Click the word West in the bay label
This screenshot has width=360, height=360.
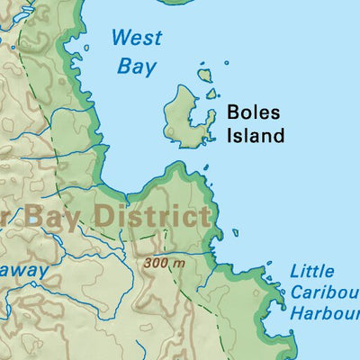(137, 39)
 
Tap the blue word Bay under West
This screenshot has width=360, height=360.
(137, 66)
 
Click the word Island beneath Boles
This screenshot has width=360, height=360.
(255, 136)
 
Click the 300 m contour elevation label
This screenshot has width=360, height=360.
(163, 264)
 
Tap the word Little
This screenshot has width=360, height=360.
(312, 271)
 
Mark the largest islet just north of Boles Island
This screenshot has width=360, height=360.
(205, 76)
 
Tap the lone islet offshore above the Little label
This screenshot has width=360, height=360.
(236, 232)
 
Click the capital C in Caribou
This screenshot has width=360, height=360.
(296, 292)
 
